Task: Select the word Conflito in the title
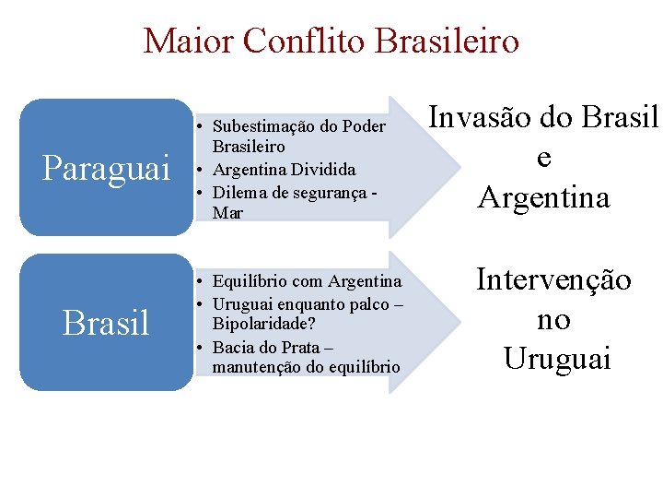(294, 41)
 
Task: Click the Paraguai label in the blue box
(107, 169)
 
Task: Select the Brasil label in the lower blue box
(106, 323)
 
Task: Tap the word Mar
(227, 213)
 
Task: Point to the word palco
(354, 303)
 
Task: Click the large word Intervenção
(553, 279)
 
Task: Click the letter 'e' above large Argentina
(543, 158)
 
